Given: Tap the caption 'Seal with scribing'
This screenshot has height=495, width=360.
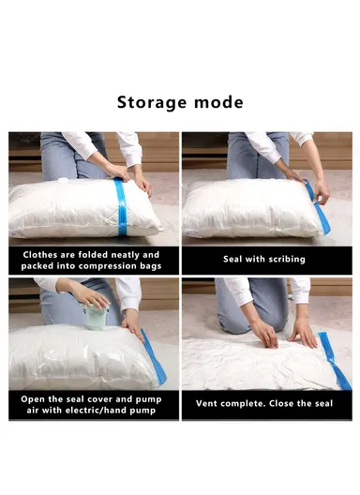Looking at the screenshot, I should (x=264, y=259).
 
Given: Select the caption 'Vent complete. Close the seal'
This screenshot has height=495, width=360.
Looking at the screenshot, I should (x=264, y=404).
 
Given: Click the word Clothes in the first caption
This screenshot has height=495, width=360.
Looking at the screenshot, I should (x=44, y=254).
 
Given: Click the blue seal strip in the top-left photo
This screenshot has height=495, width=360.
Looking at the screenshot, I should (x=121, y=207).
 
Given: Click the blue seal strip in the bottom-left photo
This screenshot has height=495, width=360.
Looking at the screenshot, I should (x=153, y=356).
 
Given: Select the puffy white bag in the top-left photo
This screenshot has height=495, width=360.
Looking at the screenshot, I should (x=70, y=208).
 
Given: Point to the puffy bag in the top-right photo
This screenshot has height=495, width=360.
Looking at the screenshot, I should (x=244, y=208).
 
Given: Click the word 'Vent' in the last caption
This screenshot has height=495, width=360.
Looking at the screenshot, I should (x=209, y=404).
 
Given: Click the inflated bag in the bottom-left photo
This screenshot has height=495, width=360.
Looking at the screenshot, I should (x=75, y=356).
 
